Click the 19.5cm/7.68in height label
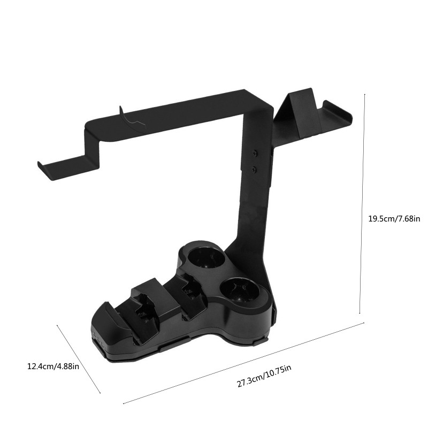pos(394,218)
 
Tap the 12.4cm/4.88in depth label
pos(53,366)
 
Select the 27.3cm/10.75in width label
pos(265,377)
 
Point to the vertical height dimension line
pos(362,203)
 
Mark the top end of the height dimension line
pos(364,94)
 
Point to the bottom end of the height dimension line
pos(360,314)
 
